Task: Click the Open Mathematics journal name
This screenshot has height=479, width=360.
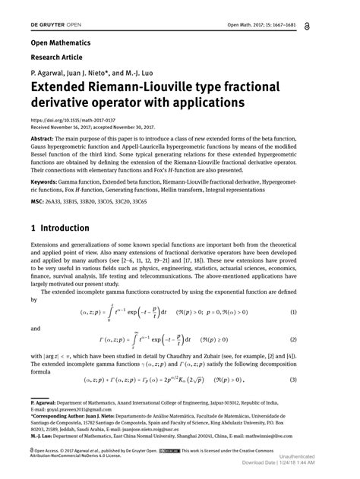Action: [61, 43]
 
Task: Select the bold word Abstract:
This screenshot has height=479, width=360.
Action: [43, 139]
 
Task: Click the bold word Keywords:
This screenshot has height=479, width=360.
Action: [46, 183]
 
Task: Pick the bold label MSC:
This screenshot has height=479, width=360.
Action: [38, 203]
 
